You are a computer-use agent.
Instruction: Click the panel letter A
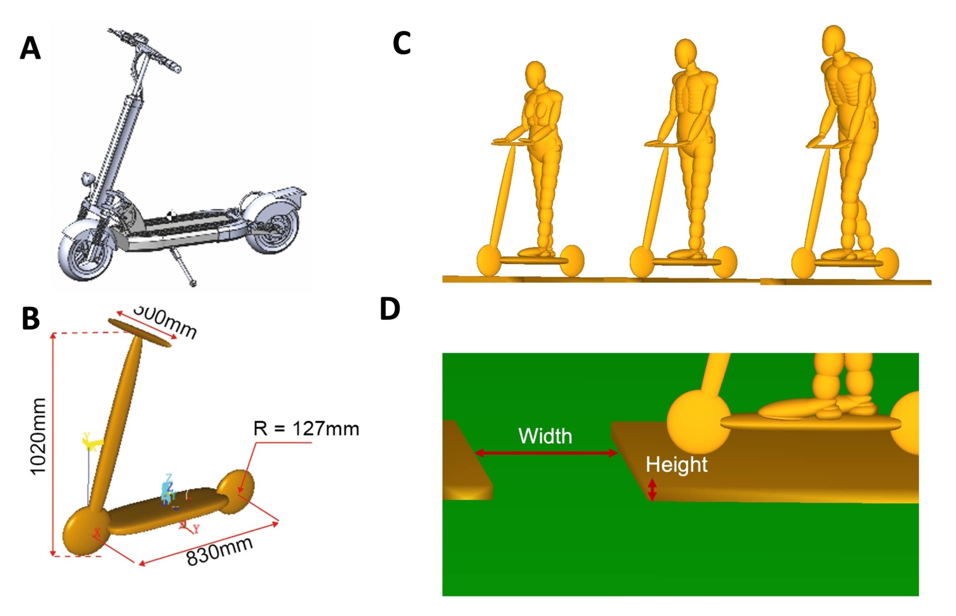pyautogui.click(x=30, y=49)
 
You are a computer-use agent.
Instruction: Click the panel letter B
pyautogui.click(x=31, y=319)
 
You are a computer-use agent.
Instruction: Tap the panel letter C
pyautogui.click(x=401, y=44)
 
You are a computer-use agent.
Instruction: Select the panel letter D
pyautogui.click(x=390, y=309)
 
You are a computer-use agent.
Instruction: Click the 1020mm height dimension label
pyautogui.click(x=39, y=437)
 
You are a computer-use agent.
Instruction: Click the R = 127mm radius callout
pyautogui.click(x=306, y=429)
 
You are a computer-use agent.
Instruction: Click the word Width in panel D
pyautogui.click(x=545, y=436)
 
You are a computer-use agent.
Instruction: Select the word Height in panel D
pyautogui.click(x=676, y=465)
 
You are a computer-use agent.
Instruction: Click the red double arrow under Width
pyautogui.click(x=546, y=452)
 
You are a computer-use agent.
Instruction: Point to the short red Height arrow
pyautogui.click(x=652, y=489)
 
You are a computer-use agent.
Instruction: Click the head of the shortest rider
pyautogui.click(x=535, y=75)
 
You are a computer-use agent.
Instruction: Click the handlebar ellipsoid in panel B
pyautogui.click(x=139, y=333)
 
